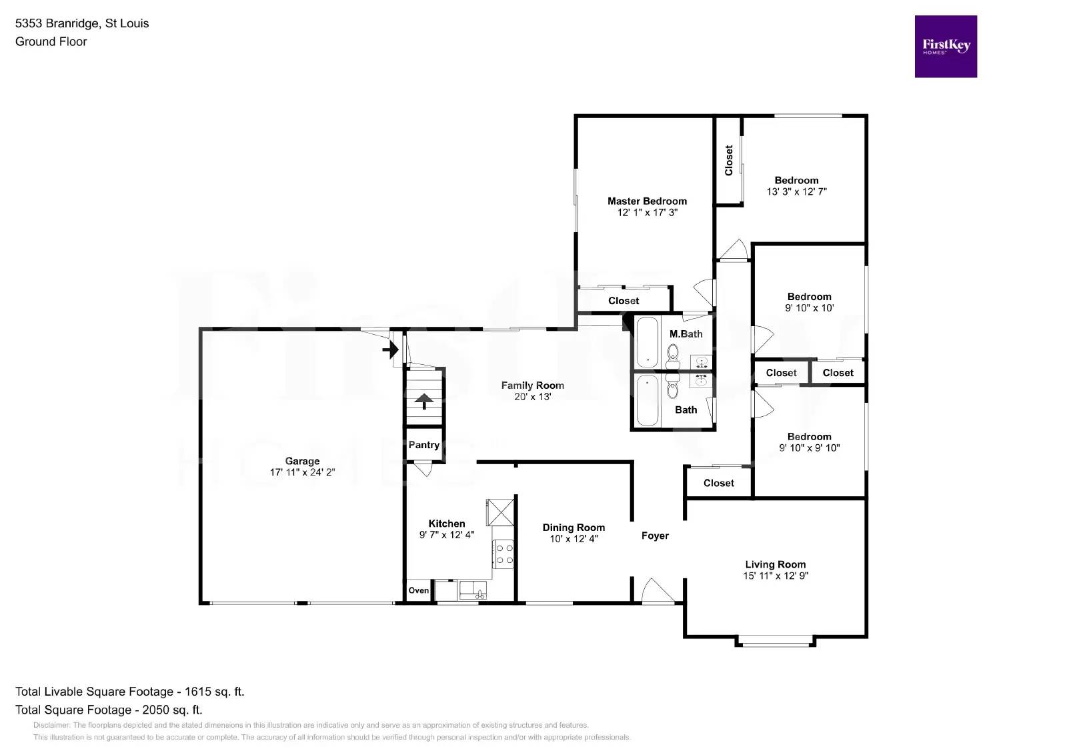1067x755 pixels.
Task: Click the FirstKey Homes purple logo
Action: (945, 47)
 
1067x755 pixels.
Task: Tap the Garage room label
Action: (302, 461)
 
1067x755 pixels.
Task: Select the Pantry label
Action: (423, 445)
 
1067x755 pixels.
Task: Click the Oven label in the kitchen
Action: (418, 590)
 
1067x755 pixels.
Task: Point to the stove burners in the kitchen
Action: (504, 554)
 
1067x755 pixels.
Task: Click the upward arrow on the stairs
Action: (424, 401)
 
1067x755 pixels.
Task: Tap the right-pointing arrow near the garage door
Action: (390, 349)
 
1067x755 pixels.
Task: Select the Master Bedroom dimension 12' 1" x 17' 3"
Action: (647, 213)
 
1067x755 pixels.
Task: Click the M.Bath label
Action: (686, 334)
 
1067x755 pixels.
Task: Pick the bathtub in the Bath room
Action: (647, 400)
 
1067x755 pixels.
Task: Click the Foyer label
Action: (655, 536)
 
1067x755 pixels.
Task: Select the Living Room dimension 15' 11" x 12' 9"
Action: (775, 576)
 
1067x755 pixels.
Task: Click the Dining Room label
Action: (573, 528)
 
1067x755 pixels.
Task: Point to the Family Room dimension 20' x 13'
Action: (532, 397)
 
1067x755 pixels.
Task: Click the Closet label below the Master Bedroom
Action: (623, 301)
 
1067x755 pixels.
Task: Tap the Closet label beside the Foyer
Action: (718, 483)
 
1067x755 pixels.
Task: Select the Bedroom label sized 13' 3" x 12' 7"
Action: (796, 180)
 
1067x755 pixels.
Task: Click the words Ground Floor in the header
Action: (51, 41)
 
